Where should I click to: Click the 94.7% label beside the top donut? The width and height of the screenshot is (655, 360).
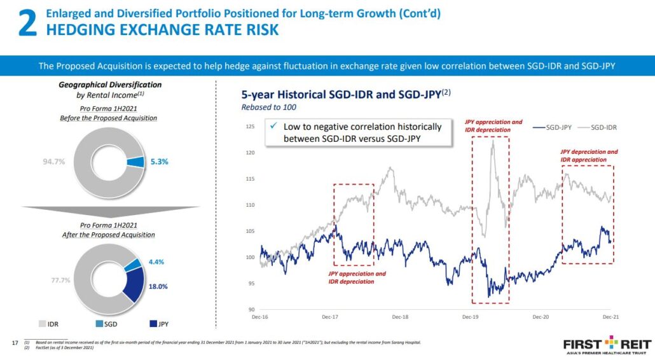pos(54,162)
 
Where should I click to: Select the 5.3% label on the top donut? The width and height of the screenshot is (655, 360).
pos(159,162)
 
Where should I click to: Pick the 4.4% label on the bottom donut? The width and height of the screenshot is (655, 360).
pos(156,261)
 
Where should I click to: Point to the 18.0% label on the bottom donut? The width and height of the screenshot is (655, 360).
pos(158,286)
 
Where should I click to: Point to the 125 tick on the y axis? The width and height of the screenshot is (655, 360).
pos(249,127)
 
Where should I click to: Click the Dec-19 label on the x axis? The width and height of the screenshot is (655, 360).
pos(471,317)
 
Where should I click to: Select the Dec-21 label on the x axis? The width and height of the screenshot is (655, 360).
pos(611,317)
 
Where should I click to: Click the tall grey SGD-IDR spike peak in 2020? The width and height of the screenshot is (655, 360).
pos(492,141)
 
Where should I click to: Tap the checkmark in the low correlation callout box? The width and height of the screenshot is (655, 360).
pos(273,127)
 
